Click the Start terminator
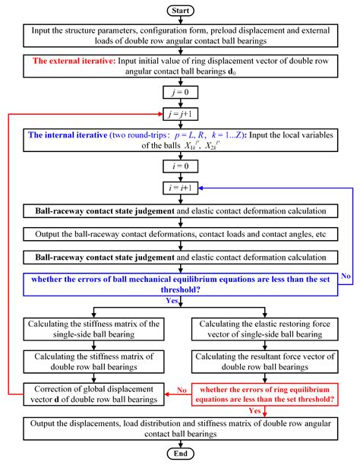point(180,11)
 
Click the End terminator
point(180,454)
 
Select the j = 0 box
point(180,92)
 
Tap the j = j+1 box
point(180,114)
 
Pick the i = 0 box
point(180,166)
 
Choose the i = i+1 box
point(180,188)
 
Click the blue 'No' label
point(346,276)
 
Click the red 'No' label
point(182,390)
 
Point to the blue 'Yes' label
point(172,300)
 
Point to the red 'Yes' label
point(254,411)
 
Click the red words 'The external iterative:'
point(74,61)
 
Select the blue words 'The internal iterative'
point(68,135)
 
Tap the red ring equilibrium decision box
point(264,394)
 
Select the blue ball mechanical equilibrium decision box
point(180,285)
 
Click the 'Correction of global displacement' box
point(93,394)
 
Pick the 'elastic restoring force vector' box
point(264,329)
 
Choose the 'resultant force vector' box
point(264,362)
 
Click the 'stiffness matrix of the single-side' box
point(93,329)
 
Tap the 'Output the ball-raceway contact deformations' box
point(180,234)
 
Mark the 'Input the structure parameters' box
point(180,36)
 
